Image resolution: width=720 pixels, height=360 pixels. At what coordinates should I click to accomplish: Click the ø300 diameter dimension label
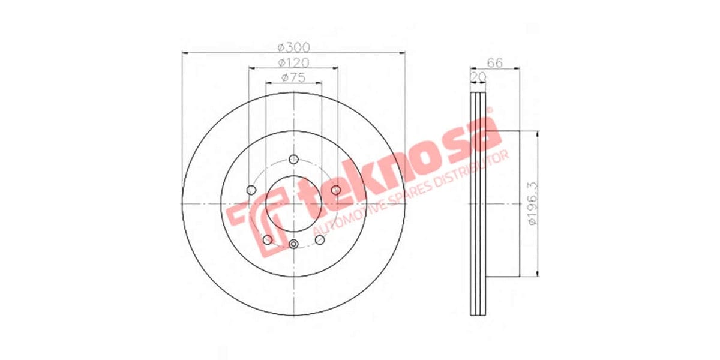[x=293, y=47]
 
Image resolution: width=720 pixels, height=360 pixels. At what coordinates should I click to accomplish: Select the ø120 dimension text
[x=293, y=62]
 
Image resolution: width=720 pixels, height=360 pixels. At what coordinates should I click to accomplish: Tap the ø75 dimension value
[x=293, y=77]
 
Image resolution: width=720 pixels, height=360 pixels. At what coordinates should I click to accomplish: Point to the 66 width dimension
[x=494, y=62]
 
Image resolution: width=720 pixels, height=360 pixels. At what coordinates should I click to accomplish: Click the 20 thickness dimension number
[x=478, y=77]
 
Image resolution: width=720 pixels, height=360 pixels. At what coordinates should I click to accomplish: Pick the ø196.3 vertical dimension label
[x=530, y=204]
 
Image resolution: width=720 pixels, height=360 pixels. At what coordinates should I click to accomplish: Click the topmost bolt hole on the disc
[x=293, y=159]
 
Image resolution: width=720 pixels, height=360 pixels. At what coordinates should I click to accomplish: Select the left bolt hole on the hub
[x=251, y=190]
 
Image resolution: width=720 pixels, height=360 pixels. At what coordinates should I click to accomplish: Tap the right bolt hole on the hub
[x=336, y=190]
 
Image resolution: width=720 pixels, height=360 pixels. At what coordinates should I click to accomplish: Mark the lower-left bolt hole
[x=268, y=240]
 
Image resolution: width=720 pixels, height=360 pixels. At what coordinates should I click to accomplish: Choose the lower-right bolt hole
[x=320, y=240]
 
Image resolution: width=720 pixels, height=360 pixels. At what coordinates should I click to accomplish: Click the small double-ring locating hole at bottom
[x=293, y=244]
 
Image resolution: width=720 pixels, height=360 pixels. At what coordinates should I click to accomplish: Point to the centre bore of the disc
[x=293, y=204]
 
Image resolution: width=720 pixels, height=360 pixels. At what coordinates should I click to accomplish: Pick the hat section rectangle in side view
[x=501, y=204]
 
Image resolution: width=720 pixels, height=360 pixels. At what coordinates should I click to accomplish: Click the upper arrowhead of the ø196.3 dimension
[x=536, y=134]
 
